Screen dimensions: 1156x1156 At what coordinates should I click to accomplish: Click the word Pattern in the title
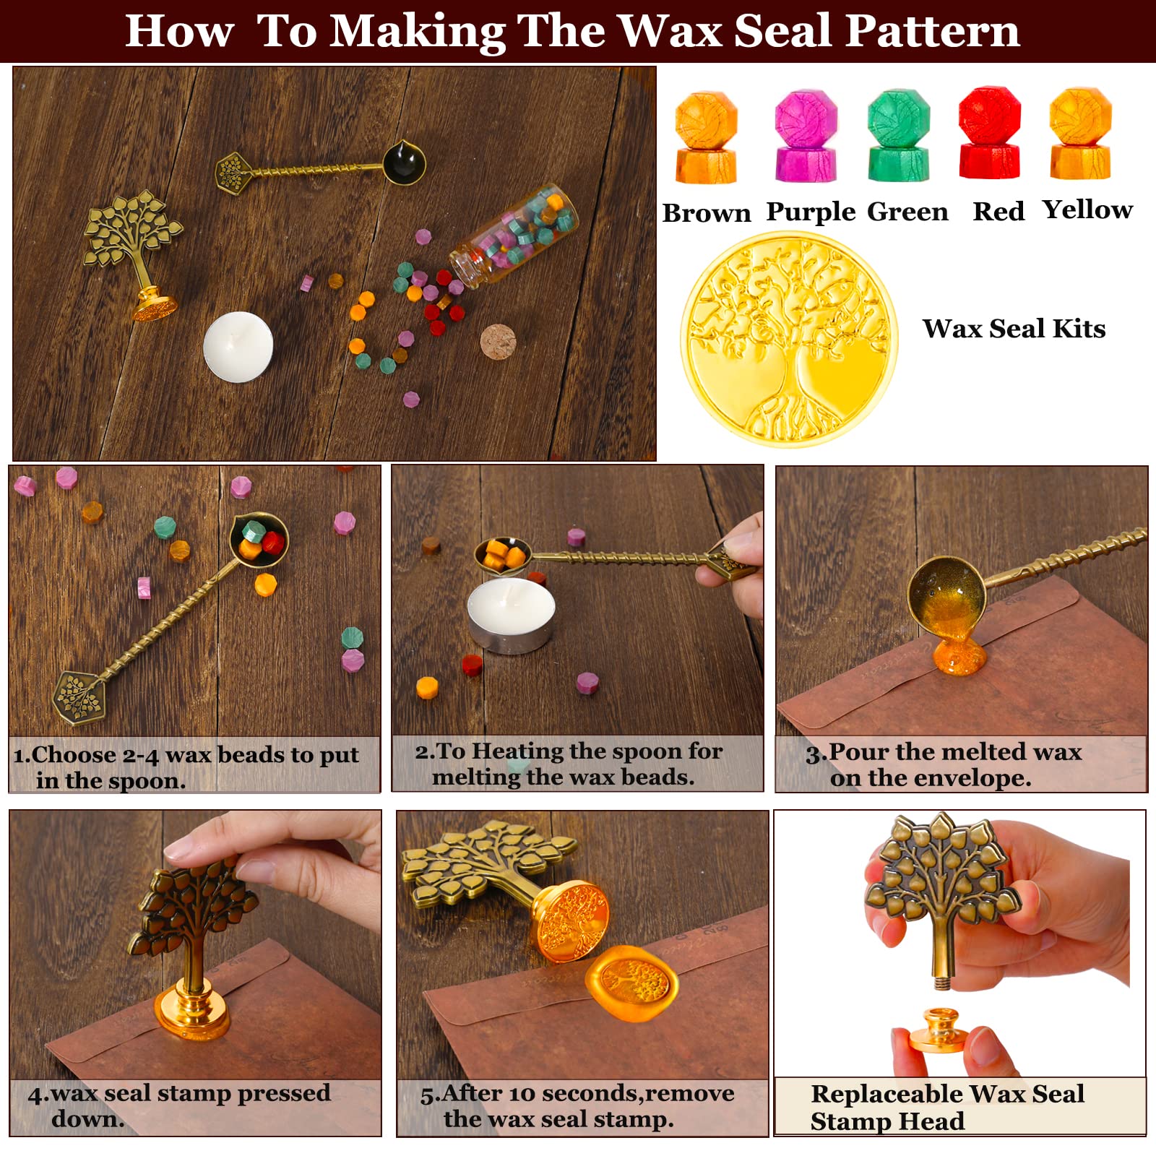click(x=933, y=31)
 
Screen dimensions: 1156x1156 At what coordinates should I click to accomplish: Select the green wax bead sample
click(x=899, y=135)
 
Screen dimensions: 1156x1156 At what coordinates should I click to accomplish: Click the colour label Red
click(x=998, y=211)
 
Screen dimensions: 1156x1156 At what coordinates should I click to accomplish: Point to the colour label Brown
click(x=707, y=213)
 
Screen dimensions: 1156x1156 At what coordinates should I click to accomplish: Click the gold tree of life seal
click(x=789, y=340)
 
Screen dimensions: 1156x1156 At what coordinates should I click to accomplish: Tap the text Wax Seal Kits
click(x=1014, y=329)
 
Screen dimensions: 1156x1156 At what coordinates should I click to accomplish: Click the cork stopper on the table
click(x=499, y=342)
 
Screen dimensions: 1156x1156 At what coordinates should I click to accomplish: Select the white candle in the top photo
click(x=238, y=347)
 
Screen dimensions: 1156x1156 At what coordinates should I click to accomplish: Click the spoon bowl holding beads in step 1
click(x=259, y=539)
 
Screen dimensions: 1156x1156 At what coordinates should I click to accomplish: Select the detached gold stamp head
click(x=934, y=1030)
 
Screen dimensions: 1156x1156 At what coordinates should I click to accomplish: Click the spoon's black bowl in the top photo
click(x=403, y=161)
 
